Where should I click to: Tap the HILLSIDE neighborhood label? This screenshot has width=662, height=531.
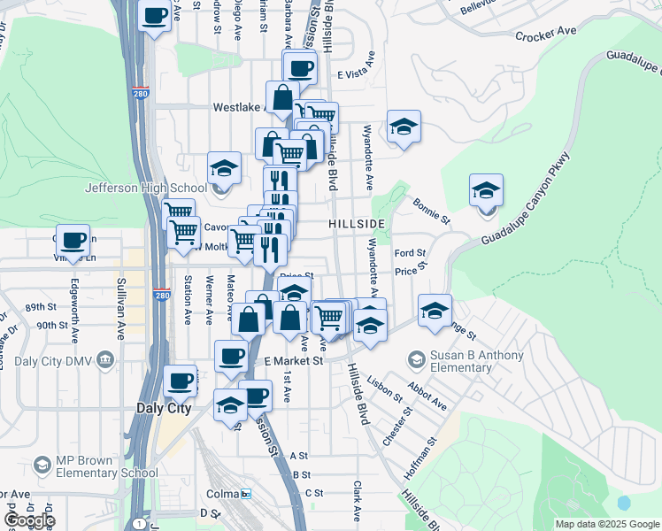(357, 225)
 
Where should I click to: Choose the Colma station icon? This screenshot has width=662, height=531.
(246, 493)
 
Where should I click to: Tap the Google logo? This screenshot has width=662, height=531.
(30, 519)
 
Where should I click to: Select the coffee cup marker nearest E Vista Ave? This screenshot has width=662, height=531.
(300, 67)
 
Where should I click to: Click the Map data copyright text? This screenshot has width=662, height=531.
(607, 524)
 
